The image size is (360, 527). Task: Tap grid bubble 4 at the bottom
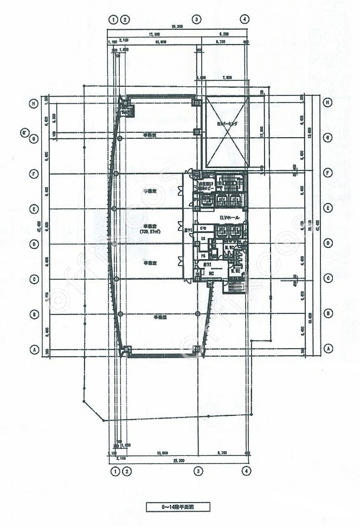247,470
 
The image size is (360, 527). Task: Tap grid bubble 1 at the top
113,19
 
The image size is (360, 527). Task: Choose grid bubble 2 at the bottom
125,470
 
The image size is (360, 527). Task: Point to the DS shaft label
203,239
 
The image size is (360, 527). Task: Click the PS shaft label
203,255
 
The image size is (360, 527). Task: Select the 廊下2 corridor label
207,265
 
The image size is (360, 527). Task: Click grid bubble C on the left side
34,279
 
